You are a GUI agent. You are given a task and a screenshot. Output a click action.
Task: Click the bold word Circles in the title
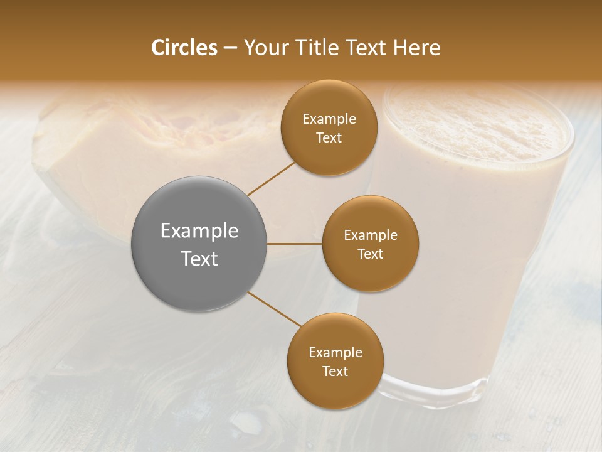tap(184, 48)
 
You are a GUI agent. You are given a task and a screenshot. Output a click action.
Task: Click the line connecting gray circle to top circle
tap(271, 178)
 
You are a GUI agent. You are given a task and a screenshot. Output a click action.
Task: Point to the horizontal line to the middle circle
tap(295, 244)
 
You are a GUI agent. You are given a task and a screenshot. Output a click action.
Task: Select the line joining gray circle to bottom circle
tap(275, 309)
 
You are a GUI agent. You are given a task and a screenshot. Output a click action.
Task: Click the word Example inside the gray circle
tap(199, 231)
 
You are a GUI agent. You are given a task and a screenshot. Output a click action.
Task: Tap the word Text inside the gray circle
tap(199, 259)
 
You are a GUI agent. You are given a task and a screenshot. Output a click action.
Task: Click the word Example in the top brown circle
tap(329, 119)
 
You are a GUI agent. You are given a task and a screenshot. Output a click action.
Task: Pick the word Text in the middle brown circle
tap(370, 254)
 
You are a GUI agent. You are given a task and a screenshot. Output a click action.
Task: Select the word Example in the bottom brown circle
tap(335, 353)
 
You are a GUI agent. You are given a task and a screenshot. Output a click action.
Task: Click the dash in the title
tap(230, 48)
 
